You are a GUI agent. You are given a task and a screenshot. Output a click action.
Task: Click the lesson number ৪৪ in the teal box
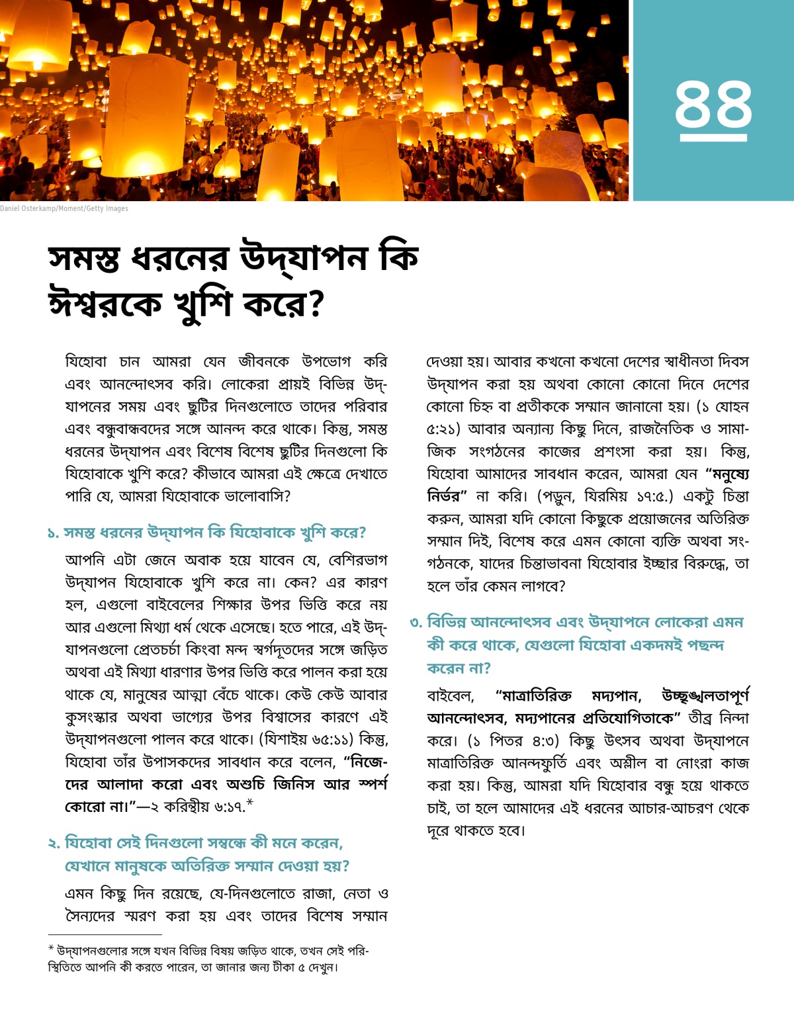tap(713, 104)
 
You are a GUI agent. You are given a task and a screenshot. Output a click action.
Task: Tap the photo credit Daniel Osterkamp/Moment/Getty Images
tap(64, 208)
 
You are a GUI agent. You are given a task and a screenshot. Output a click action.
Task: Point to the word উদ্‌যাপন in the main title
tap(303, 257)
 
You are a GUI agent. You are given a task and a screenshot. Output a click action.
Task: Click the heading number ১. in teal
tap(53, 533)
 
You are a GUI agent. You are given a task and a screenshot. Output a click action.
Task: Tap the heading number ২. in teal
tap(54, 844)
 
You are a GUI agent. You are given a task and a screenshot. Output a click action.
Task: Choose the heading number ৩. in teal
tap(416, 623)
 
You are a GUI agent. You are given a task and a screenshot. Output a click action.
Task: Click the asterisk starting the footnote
tap(51, 950)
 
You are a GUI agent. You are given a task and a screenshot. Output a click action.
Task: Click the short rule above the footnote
tap(105, 934)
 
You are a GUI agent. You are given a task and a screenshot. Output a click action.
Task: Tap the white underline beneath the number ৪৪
tap(713, 138)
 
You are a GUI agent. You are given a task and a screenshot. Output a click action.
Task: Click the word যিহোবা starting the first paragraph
tap(86, 362)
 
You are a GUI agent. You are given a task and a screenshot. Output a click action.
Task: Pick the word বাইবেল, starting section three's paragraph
tap(451, 696)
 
